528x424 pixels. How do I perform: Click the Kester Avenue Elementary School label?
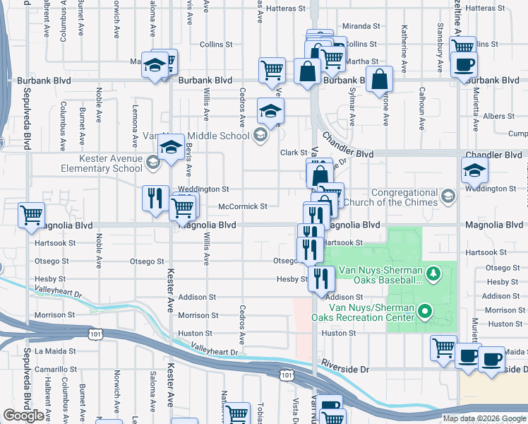105,163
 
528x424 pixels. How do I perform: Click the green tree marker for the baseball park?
436,272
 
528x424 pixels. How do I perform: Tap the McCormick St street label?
242,206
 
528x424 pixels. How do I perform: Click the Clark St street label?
294,153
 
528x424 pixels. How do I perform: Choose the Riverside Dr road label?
344,370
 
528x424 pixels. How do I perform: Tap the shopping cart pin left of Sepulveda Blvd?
31,215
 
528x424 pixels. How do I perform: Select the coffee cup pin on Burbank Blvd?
463,66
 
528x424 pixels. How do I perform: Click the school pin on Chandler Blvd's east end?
474,170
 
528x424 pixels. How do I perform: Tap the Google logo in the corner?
23,416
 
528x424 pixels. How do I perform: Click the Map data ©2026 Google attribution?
484,418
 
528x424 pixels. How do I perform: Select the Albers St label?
498,116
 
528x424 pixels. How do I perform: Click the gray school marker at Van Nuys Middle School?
260,136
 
